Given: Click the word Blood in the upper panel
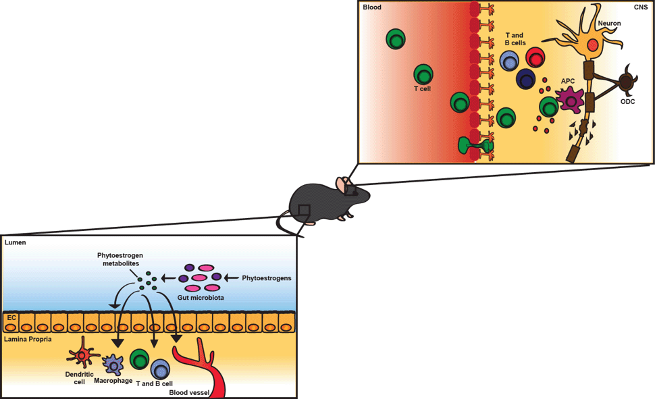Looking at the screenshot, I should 372,8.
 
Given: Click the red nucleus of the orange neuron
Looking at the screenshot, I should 592,45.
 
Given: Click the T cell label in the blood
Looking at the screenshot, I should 422,88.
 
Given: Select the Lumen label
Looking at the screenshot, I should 16,242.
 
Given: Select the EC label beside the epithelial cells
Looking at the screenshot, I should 11,316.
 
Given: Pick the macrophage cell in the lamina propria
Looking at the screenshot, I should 113,366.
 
